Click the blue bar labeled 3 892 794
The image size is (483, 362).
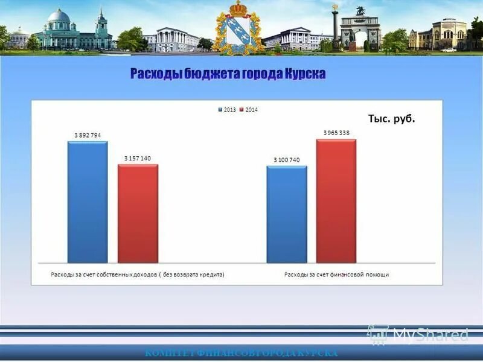tap(88, 202)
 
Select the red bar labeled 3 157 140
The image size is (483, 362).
tap(138, 214)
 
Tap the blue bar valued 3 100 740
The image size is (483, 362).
tap(287, 214)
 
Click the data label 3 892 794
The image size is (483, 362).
tap(87, 136)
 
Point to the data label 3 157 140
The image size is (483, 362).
tap(138, 158)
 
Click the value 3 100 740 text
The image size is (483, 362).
tap(286, 160)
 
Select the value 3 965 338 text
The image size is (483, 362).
tap(336, 133)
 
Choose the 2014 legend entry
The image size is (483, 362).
tap(249, 110)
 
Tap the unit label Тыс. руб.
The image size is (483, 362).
tap(392, 119)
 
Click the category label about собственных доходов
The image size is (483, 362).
tap(137, 275)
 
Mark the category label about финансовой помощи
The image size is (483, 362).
tap(336, 275)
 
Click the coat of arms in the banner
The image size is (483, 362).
tap(240, 27)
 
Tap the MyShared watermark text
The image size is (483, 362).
tap(430, 334)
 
